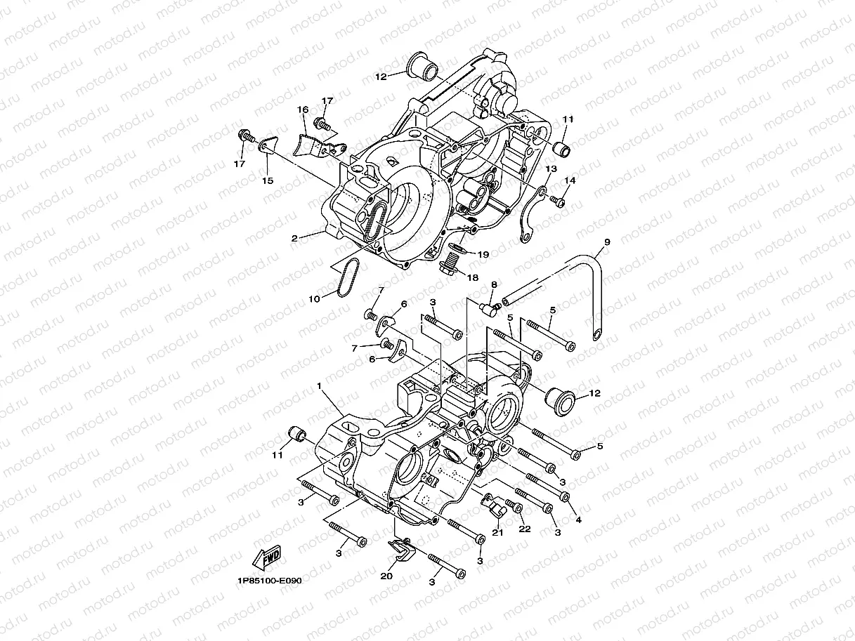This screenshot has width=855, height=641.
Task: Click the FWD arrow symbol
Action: click(x=267, y=557)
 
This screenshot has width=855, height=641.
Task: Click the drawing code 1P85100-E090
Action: click(x=269, y=581)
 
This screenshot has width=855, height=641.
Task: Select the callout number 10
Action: click(x=314, y=298)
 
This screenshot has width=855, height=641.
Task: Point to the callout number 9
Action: click(x=607, y=242)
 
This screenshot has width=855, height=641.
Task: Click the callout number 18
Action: click(x=472, y=277)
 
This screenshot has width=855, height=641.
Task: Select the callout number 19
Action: click(x=483, y=253)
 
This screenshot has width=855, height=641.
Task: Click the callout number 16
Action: click(x=303, y=110)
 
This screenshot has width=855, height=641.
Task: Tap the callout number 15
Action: click(x=268, y=180)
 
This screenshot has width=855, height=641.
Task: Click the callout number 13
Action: click(x=551, y=168)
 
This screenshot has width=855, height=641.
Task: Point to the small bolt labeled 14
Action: click(x=558, y=201)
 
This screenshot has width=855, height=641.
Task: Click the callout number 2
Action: click(x=295, y=238)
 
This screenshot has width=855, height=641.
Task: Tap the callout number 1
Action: click(x=319, y=385)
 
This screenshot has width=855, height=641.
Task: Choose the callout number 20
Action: click(x=386, y=576)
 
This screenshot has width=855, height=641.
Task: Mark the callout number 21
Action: click(x=497, y=531)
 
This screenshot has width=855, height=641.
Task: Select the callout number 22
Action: click(x=524, y=528)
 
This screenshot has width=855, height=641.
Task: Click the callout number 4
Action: click(x=578, y=520)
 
